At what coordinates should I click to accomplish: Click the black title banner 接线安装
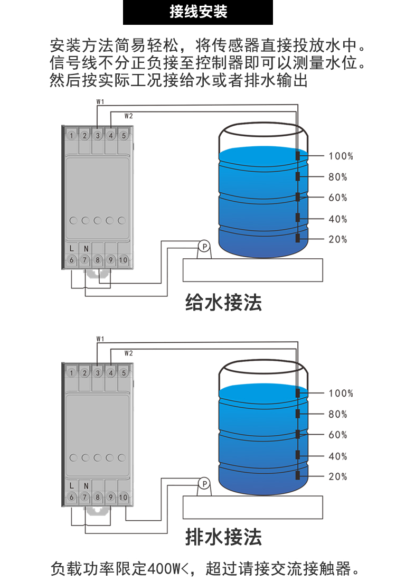click(x=198, y=12)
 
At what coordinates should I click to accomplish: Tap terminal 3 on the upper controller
click(x=98, y=135)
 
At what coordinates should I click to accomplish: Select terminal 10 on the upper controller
click(x=123, y=260)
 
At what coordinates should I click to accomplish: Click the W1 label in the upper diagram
click(x=100, y=101)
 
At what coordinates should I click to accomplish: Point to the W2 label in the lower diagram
click(x=128, y=353)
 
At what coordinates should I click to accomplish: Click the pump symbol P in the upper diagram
click(x=203, y=246)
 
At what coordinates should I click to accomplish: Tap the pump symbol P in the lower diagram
click(x=203, y=483)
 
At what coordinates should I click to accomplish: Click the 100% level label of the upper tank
click(x=341, y=156)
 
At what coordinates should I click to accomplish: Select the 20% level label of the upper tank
click(x=338, y=239)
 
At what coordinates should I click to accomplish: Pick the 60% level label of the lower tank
click(x=338, y=435)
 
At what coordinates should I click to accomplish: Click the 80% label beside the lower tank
click(x=338, y=414)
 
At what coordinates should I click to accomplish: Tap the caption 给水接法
click(x=223, y=303)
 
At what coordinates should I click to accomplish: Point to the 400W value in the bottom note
click(x=164, y=569)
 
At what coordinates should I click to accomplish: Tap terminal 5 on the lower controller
click(x=124, y=373)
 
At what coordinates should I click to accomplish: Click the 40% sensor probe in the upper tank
click(x=298, y=218)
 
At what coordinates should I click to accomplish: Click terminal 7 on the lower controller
click(x=84, y=497)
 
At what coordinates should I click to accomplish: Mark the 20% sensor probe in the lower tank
click(x=298, y=475)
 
